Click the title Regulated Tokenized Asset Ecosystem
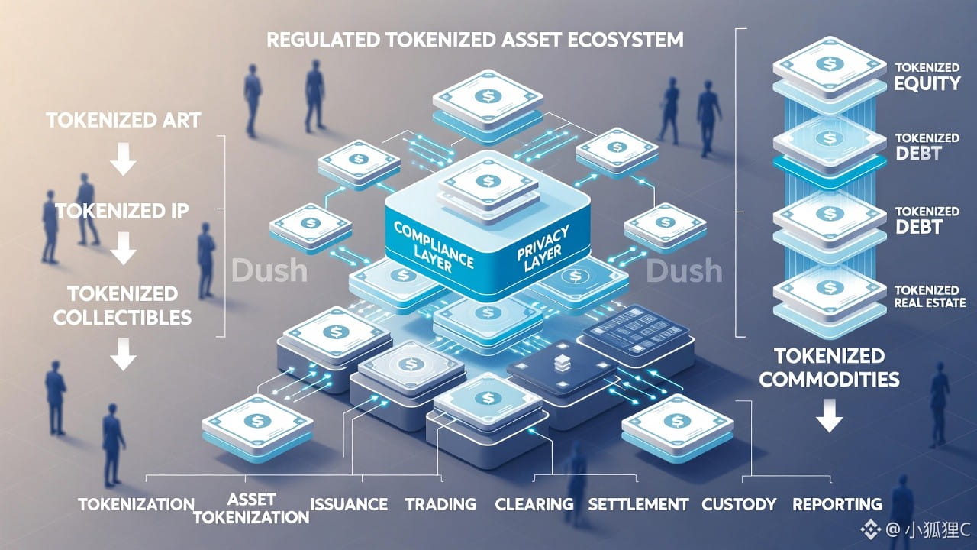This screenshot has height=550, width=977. pyautogui.click(x=475, y=40)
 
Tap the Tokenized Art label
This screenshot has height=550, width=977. pyautogui.click(x=123, y=121)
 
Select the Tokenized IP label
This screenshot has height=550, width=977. pyautogui.click(x=122, y=212)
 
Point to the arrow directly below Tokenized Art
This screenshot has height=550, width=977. pyautogui.click(x=123, y=161)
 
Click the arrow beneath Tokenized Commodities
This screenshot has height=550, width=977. pyautogui.click(x=829, y=418)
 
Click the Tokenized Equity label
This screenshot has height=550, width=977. pyautogui.click(x=927, y=76)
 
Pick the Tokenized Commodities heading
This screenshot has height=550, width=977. pyautogui.click(x=829, y=367)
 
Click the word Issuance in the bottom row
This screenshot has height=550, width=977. pyautogui.click(x=349, y=504)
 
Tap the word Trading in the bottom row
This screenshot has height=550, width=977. pyautogui.click(x=440, y=504)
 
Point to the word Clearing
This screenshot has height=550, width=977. pyautogui.click(x=534, y=504)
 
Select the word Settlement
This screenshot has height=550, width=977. pyautogui.click(x=638, y=504)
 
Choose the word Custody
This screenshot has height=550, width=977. pyautogui.click(x=739, y=504)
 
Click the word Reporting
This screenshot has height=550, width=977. pyautogui.click(x=837, y=504)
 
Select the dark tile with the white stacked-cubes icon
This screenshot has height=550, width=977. pyautogui.click(x=563, y=365)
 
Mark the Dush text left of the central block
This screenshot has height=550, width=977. pyautogui.click(x=269, y=270)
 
